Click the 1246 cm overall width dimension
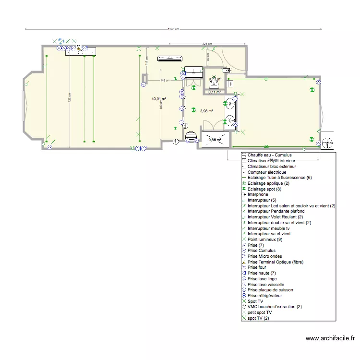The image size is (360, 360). pyautogui.click(x=173, y=29)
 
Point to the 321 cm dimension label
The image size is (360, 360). pyautogui.click(x=206, y=44)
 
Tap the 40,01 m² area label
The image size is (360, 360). pyautogui.click(x=159, y=99)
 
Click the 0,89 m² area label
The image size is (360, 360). pyautogui.click(x=215, y=140)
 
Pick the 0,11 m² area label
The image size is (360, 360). pyautogui.click(x=214, y=92)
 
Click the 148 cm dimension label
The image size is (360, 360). pyautogui.click(x=165, y=80)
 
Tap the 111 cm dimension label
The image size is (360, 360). pyautogui.click(x=146, y=60)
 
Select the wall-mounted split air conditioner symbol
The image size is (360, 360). pyautogui.click(x=170, y=59)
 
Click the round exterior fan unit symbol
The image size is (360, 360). pyautogui.click(x=327, y=143)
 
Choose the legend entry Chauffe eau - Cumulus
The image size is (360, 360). pyautogui.click(x=269, y=156)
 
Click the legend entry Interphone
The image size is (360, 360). pyautogui.click(x=258, y=194)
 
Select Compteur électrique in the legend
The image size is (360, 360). pyautogui.click(x=267, y=172)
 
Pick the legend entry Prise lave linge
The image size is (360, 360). pyautogui.click(x=262, y=279)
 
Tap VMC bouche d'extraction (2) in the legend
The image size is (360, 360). pyautogui.click(x=275, y=307)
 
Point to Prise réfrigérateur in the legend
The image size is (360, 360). pyautogui.click(x=265, y=296)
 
